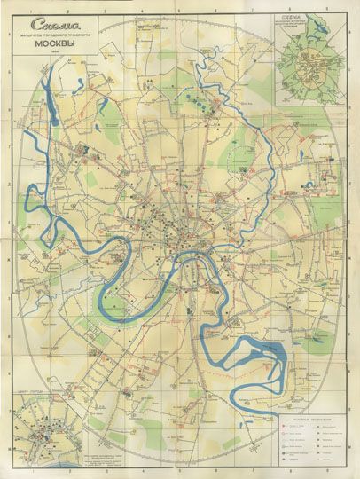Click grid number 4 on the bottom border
(202, 473)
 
